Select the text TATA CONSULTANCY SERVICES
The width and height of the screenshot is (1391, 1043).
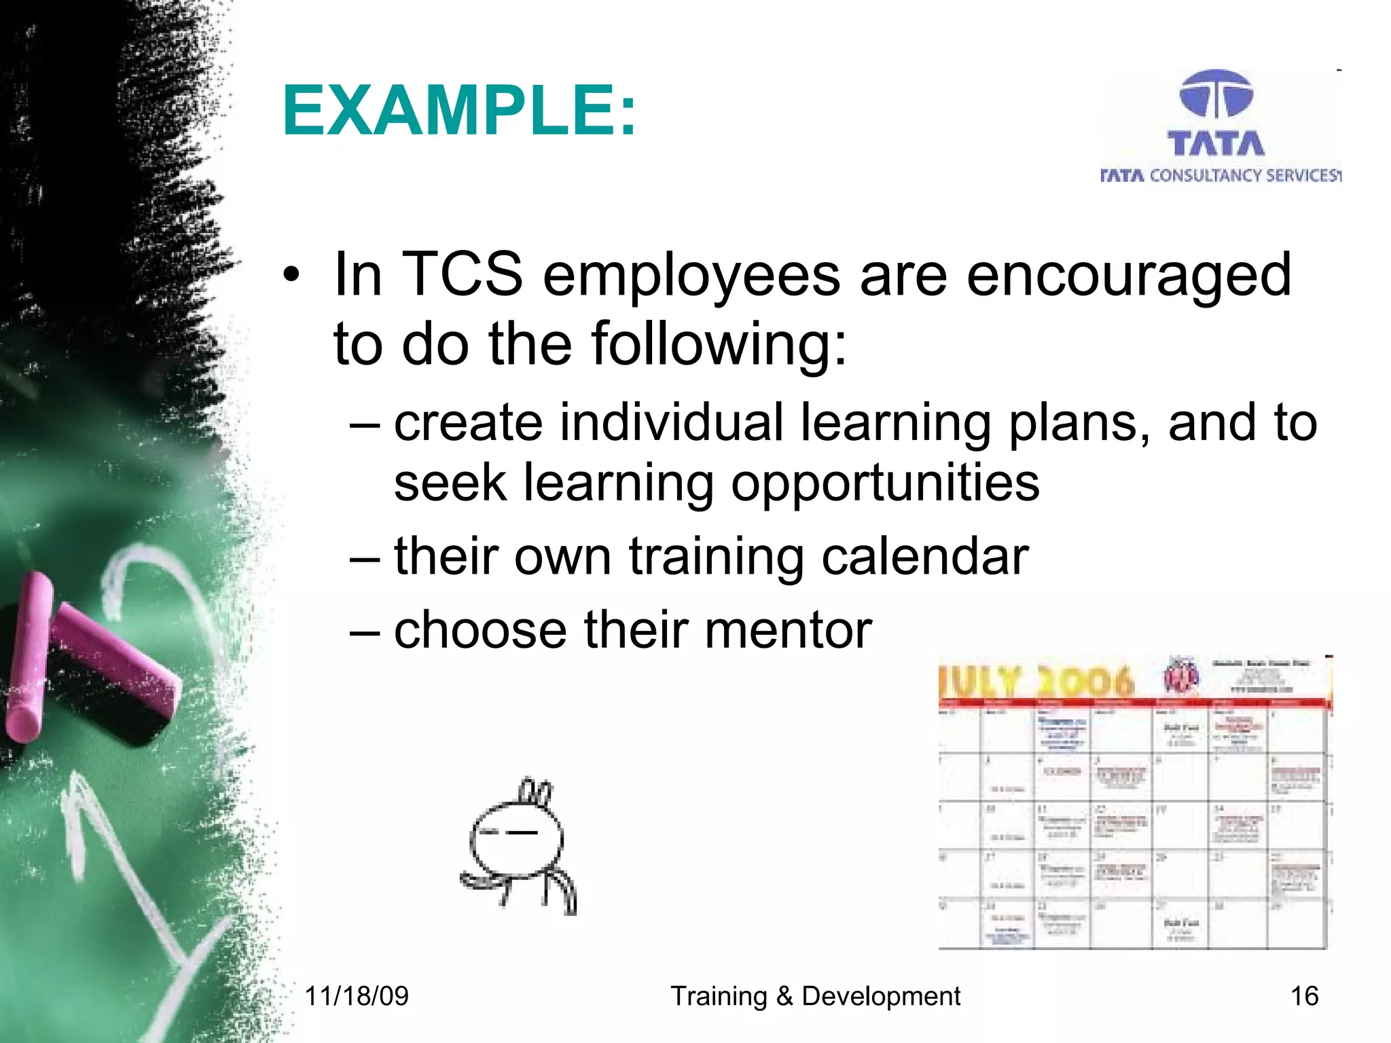click(x=1221, y=176)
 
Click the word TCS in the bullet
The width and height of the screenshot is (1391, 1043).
click(x=463, y=274)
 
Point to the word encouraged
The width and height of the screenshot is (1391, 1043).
click(x=1128, y=276)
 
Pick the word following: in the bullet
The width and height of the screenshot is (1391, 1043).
click(x=719, y=344)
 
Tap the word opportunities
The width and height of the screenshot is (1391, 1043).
click(x=885, y=483)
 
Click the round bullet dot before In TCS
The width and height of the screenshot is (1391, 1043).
click(x=291, y=276)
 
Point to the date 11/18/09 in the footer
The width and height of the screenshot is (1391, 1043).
click(x=357, y=996)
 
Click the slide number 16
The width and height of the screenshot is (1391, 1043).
click(x=1304, y=996)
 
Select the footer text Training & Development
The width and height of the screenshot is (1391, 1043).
click(x=815, y=996)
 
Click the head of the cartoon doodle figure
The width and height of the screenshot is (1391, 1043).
click(x=516, y=839)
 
